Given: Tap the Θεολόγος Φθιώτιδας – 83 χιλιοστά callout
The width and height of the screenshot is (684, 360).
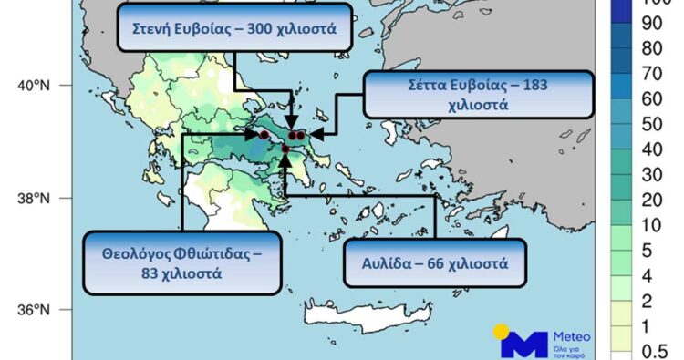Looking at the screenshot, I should coord(181,262).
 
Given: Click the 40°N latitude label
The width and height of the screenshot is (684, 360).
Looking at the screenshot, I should coord(33,86).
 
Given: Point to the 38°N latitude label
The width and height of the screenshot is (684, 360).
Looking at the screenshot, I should coord(33,198).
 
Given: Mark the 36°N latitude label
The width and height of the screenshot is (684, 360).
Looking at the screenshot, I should coord(33,310).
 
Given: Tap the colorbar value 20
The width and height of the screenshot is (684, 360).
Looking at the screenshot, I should coord(653,199).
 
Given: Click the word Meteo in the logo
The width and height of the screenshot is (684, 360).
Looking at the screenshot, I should coord(572,334).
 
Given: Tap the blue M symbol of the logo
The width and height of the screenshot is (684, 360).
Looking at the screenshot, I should coord(525,345).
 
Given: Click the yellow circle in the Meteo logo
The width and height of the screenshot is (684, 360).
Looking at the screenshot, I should coord(503,331).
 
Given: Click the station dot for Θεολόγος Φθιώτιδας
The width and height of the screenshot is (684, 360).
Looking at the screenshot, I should coord(264,134).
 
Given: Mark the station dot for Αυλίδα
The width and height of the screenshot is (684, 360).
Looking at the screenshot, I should coord(285,149).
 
